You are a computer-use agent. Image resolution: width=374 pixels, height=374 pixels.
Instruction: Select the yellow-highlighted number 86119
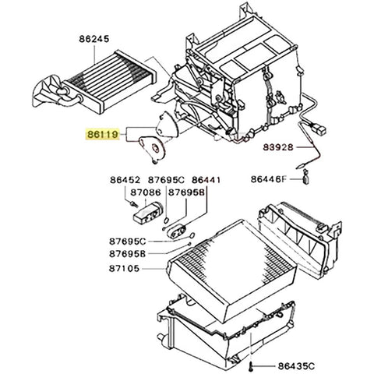(102, 134)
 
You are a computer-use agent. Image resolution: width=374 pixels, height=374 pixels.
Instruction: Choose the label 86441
(206, 179)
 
